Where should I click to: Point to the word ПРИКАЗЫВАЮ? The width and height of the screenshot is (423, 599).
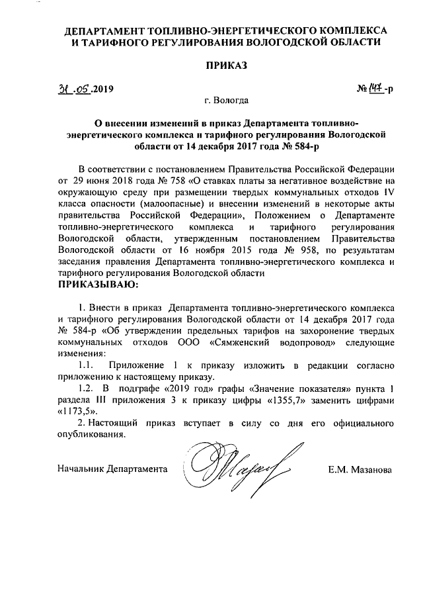tap(100, 285)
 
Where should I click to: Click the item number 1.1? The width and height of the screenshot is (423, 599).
tap(87, 366)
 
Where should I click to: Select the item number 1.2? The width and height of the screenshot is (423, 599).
tap(87, 390)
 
